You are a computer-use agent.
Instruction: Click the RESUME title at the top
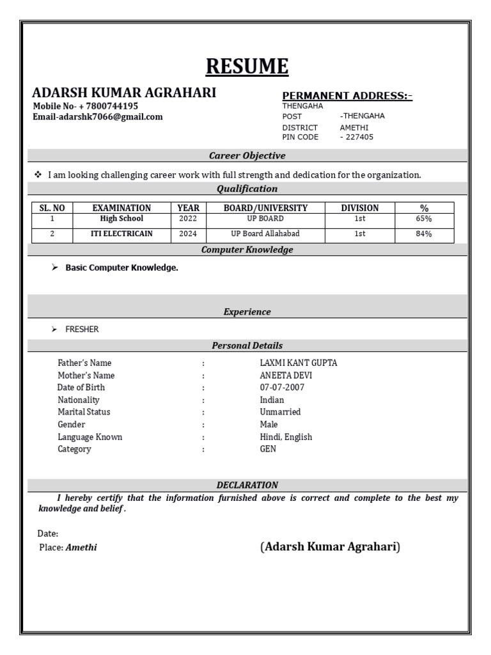coord(247,66)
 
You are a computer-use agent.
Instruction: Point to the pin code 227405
coord(359,137)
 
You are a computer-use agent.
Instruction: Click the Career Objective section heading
coord(247,155)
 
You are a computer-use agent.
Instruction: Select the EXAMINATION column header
coord(121,208)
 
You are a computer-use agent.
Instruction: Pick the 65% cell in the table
coord(424,219)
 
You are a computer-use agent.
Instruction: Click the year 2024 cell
coord(188,234)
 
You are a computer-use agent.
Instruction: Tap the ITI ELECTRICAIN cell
coord(121,234)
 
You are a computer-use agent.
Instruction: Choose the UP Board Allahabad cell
coord(265,234)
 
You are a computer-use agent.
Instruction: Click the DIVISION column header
coord(359,208)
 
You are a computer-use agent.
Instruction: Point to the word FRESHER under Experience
coord(82,329)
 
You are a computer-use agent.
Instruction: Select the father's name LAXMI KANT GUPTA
coord(294,363)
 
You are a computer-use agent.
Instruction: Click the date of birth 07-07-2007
coord(282,388)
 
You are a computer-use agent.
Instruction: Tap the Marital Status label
coord(84,412)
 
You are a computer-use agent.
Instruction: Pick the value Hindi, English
coord(286,437)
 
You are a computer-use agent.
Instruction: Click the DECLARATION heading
coord(247,485)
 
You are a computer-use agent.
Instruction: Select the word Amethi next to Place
coord(81,548)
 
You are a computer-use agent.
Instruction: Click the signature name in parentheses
coord(330,547)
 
